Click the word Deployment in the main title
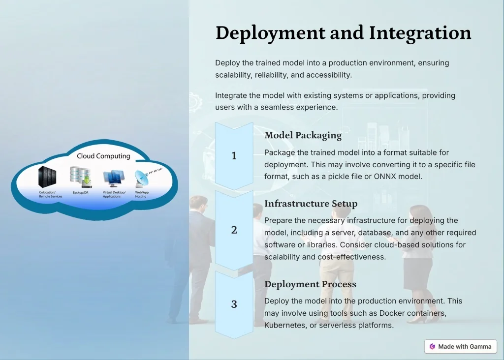tap(270, 33)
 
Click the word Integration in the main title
tap(420, 33)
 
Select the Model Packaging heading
tap(303, 136)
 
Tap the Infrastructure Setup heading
tap(311, 204)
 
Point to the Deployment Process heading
tap(310, 284)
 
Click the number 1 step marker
tap(234, 156)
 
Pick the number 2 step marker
tap(234, 230)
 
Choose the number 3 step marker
tap(234, 304)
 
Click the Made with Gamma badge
tap(460, 347)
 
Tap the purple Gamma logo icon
tap(432, 347)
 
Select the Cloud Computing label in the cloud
tap(103, 156)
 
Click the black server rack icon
tap(47, 177)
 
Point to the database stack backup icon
tap(81, 177)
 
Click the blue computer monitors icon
tap(114, 179)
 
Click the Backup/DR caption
tap(80, 193)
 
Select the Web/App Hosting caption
tap(142, 194)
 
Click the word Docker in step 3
tap(391, 313)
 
